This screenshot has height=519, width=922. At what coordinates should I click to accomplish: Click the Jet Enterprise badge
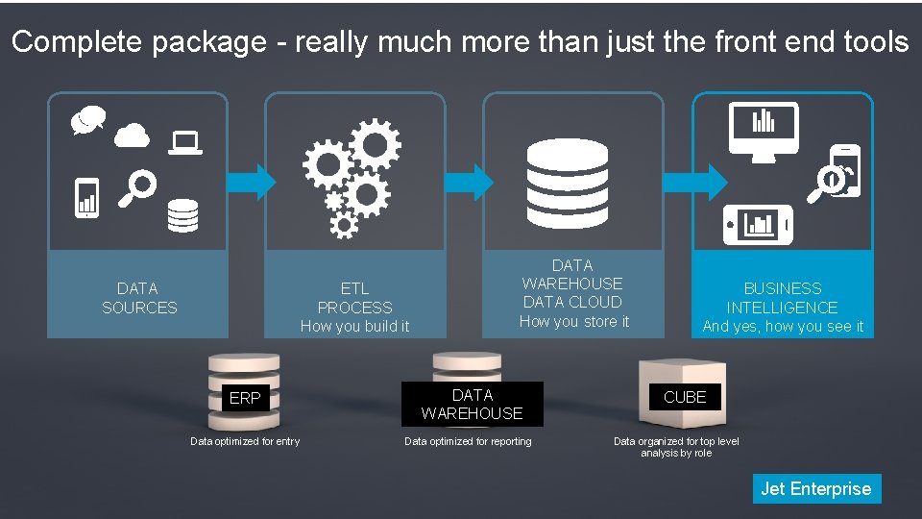(815, 488)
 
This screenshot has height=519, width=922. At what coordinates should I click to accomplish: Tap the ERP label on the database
(245, 398)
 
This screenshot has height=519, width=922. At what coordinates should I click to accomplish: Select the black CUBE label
(685, 397)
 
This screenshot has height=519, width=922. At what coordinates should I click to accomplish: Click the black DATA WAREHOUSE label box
(473, 405)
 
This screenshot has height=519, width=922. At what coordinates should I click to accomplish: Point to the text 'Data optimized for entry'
(245, 441)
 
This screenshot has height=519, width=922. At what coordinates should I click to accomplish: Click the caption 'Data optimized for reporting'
(468, 441)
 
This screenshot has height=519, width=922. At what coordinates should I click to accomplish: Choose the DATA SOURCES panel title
(139, 298)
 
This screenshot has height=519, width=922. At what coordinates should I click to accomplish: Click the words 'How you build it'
(354, 327)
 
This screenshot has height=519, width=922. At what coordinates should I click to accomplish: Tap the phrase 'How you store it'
(573, 322)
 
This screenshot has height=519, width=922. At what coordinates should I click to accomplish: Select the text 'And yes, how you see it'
(783, 327)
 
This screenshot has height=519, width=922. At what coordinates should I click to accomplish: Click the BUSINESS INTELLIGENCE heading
(782, 298)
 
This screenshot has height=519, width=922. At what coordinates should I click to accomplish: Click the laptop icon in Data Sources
(184, 143)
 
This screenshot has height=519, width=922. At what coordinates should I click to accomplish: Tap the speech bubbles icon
(86, 120)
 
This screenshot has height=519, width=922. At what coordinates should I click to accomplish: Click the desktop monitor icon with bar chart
(764, 130)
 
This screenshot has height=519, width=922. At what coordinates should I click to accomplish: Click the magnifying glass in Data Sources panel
(137, 187)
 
